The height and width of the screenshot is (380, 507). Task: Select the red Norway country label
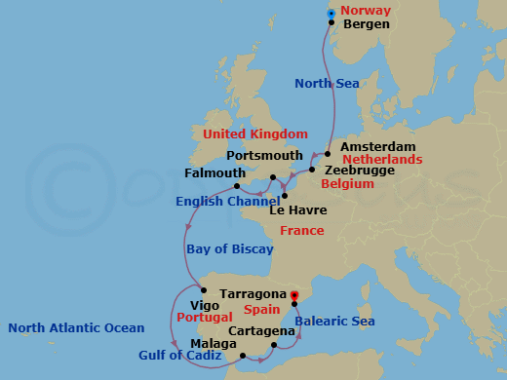367,9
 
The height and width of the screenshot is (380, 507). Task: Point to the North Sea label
327,84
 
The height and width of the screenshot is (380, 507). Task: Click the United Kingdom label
254,133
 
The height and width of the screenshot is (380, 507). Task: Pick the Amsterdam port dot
329,153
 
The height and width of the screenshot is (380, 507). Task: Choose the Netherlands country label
381,159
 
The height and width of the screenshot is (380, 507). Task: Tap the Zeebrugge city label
360,171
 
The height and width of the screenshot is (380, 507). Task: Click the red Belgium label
347,183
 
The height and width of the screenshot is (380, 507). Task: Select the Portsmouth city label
264,156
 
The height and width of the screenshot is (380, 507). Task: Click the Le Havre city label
297,209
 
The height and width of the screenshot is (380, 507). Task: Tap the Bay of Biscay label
230,249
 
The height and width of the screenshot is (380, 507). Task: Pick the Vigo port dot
203,289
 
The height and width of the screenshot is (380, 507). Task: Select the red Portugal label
203,319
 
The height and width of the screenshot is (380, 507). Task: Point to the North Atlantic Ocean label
76,328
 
